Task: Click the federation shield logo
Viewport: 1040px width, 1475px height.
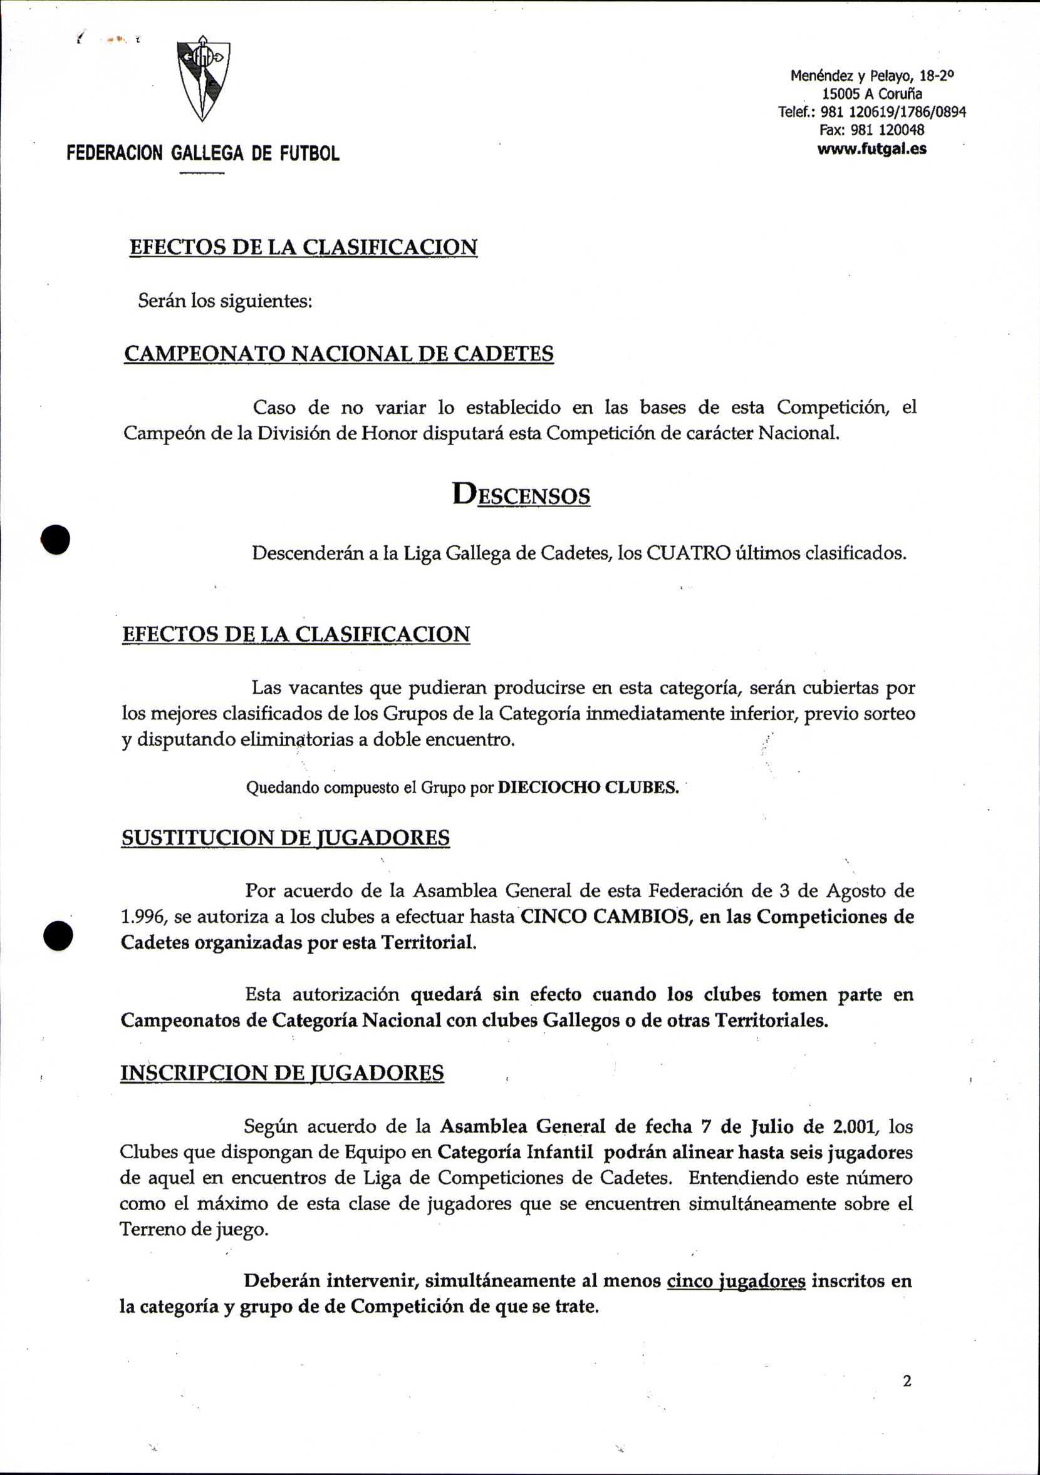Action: click(203, 77)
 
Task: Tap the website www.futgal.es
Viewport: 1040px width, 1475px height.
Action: click(871, 149)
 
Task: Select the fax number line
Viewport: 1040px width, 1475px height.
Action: click(871, 130)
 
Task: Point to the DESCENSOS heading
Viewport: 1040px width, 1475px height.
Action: click(521, 495)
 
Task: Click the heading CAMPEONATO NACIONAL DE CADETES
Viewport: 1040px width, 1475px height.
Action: click(339, 354)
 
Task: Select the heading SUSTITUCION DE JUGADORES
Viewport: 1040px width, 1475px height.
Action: click(286, 838)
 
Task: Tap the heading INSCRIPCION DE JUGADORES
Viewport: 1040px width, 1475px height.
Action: click(282, 1073)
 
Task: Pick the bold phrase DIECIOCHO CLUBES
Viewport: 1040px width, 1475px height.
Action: click(589, 788)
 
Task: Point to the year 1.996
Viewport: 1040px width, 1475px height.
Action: click(142, 917)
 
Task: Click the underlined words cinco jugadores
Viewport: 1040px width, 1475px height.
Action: click(736, 1281)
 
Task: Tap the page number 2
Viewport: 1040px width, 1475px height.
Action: click(907, 1381)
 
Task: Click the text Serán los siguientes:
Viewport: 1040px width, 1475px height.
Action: click(225, 301)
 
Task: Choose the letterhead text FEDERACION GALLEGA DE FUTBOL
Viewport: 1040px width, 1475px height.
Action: click(203, 153)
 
